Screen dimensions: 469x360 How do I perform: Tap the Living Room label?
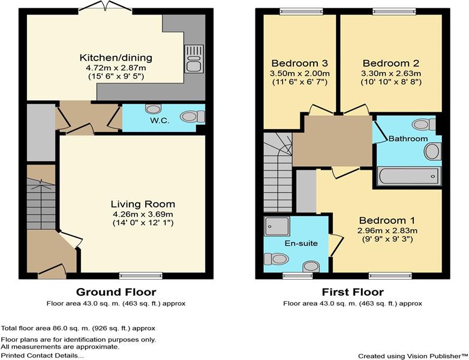[143, 204]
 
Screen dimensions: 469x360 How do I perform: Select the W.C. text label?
[160, 121]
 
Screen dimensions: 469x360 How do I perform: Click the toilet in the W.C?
[193, 116]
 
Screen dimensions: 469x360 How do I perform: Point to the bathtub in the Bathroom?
[409, 176]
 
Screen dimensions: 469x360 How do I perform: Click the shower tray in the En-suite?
[277, 226]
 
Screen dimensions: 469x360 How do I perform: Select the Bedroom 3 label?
[300, 63]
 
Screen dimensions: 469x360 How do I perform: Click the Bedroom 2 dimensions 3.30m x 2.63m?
[391, 73]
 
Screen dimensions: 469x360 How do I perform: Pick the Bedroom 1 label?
[387, 221]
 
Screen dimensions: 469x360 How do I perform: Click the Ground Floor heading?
[116, 292]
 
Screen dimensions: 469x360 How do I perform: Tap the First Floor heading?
[353, 292]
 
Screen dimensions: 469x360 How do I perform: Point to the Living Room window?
[140, 275]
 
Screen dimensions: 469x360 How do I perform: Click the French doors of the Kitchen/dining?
[106, 7]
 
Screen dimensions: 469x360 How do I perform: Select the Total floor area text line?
[78, 328]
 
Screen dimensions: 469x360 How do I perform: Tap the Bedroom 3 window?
[302, 11]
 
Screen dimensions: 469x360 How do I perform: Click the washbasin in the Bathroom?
[432, 151]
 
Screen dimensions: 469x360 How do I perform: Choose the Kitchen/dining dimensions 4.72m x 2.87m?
[116, 68]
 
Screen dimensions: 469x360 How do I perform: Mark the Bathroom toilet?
[423, 124]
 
